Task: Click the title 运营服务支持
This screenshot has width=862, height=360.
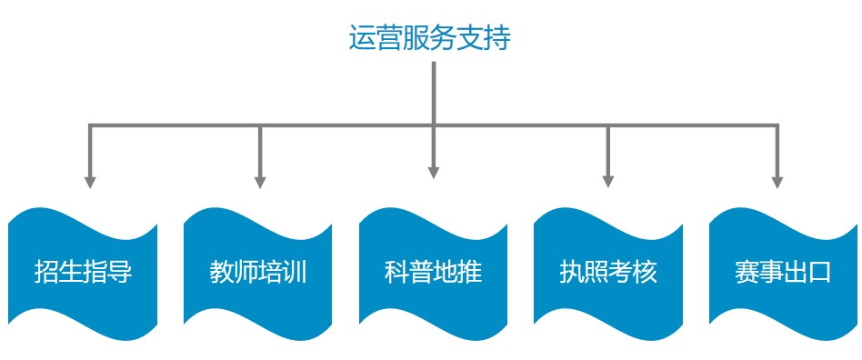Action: point(430,38)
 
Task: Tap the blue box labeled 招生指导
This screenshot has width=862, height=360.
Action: point(83,271)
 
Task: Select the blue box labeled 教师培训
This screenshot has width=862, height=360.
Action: point(258,271)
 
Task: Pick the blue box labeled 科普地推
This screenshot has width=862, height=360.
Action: point(433,271)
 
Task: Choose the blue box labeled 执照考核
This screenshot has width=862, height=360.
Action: point(607,271)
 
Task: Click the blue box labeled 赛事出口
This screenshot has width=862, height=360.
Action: point(783,271)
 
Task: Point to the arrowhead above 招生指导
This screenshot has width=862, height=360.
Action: point(89,181)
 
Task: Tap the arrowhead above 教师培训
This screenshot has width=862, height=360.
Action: point(260,181)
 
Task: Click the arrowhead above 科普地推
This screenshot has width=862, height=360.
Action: point(434,170)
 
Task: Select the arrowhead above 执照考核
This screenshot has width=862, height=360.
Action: point(607,181)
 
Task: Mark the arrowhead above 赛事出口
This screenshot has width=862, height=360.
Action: point(777,181)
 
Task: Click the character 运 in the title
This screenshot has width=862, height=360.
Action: point(363,38)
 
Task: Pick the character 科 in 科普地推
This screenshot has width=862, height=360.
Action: point(396,272)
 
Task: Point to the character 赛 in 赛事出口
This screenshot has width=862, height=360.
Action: point(747,272)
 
